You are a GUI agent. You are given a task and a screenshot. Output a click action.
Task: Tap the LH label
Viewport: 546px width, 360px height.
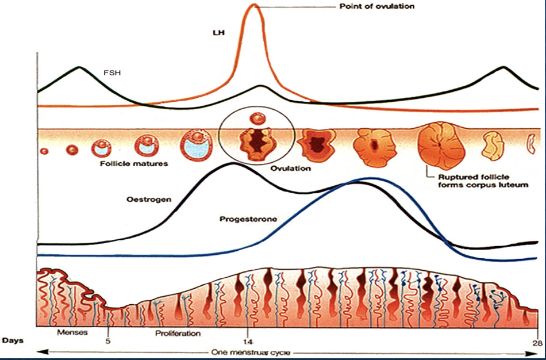(218, 33)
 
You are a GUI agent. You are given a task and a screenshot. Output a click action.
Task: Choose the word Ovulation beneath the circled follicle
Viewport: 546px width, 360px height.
(290, 168)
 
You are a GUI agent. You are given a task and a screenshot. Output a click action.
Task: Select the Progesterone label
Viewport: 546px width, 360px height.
(248, 219)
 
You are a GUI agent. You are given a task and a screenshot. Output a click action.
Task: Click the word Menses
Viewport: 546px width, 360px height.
(71, 333)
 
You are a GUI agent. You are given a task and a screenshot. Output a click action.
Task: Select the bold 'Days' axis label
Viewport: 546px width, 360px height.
(13, 340)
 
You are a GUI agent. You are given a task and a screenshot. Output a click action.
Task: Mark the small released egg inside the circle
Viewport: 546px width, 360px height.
(256, 119)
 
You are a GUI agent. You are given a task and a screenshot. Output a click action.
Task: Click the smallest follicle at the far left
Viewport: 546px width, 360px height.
(44, 151)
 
